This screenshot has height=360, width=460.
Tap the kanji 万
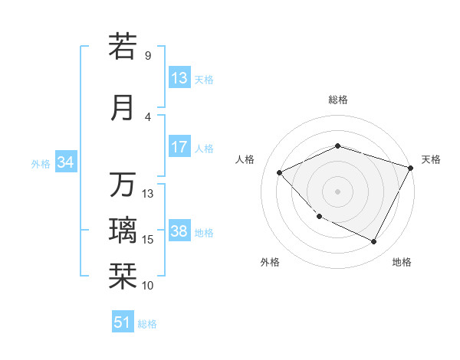click(123, 185)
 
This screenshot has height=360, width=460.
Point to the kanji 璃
click(123, 230)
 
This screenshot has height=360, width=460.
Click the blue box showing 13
click(179, 78)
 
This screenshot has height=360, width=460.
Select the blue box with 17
click(179, 147)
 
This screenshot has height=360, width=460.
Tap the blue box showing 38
click(179, 232)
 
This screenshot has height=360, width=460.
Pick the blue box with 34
click(66, 162)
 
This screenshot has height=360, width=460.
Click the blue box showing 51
click(123, 322)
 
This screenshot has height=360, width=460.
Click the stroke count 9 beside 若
click(148, 56)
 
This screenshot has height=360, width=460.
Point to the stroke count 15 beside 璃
click(148, 240)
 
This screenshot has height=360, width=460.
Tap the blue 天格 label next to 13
click(204, 79)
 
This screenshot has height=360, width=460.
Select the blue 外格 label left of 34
click(41, 163)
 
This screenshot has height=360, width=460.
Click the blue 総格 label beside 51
click(147, 323)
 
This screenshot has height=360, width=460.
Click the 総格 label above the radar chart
click(338, 100)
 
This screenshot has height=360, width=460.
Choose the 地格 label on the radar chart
click(402, 262)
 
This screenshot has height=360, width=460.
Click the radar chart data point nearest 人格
click(280, 172)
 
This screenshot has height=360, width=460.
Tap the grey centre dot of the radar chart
click(338, 191)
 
